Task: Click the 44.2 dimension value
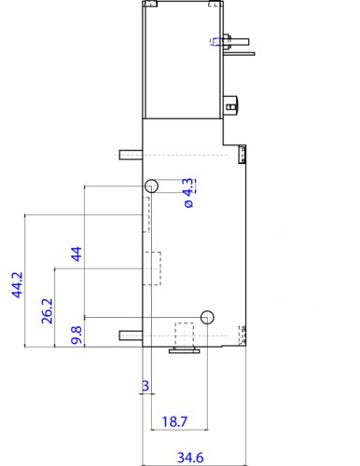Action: tap(18, 285)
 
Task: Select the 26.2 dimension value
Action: tap(48, 311)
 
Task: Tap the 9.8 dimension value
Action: tap(76, 336)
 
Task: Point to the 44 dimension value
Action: tap(76, 254)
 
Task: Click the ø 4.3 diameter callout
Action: tap(188, 193)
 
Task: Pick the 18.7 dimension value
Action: tap(174, 421)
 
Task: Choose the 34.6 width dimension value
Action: tap(190, 458)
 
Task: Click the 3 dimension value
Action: tap(145, 386)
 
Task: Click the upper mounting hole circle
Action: tap(151, 185)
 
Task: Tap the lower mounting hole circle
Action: tap(207, 317)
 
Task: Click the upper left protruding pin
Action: tap(131, 155)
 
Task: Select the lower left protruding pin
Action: tap(131, 336)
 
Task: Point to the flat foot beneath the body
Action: tap(184, 350)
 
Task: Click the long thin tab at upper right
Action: tap(239, 54)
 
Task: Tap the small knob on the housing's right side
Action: tap(230, 106)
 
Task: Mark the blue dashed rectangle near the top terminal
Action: tap(217, 41)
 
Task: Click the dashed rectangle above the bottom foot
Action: tap(185, 335)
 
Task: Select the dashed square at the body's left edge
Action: tap(152, 268)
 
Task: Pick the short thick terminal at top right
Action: tap(239, 41)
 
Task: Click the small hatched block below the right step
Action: tap(242, 154)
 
